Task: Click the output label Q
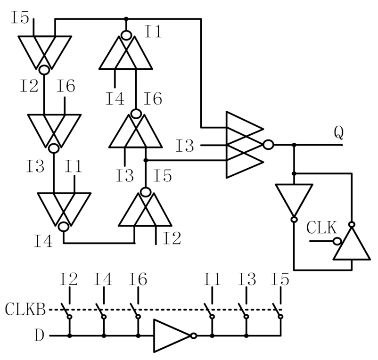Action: tap(338, 133)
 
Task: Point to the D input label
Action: tap(40, 336)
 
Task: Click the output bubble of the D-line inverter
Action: tap(193, 336)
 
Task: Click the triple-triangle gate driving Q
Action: tap(243, 145)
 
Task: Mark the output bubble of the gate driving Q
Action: tap(268, 145)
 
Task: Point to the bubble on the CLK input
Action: tap(337, 241)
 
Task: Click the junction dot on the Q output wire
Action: tap(294, 145)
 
